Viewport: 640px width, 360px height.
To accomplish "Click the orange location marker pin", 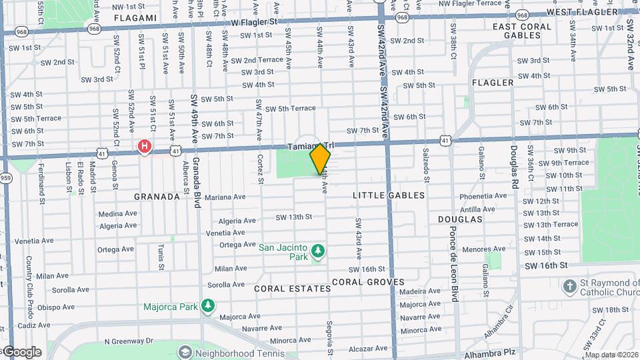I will [321, 159].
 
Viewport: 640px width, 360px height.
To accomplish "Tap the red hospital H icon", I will [144, 145].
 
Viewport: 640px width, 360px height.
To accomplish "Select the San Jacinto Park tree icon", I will [319, 251].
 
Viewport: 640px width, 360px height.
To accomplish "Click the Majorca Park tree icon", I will [209, 306].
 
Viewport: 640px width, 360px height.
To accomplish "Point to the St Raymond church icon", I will [569, 287].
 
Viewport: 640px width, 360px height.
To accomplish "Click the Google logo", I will [23, 352].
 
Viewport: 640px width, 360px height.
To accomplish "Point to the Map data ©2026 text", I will [611, 355].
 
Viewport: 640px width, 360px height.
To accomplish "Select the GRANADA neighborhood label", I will [157, 197].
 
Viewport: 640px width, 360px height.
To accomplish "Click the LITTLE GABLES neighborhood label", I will [389, 195].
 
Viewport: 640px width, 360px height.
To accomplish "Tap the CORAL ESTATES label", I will [293, 289].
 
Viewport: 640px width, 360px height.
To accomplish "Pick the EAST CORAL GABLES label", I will [522, 31].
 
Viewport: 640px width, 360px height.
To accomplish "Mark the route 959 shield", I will [6, 177].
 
